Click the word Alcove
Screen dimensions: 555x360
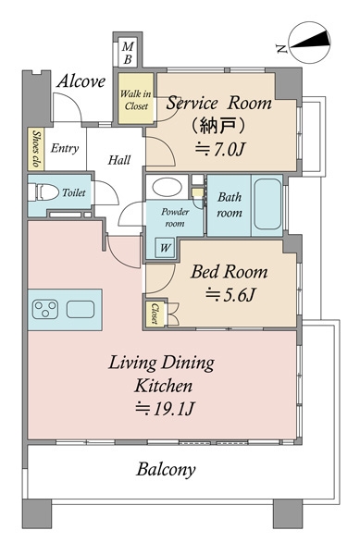point(81,80)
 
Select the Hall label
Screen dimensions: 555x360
point(118,160)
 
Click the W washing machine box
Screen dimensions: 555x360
point(165,247)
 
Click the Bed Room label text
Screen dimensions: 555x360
point(229,272)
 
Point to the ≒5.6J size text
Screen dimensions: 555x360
point(229,297)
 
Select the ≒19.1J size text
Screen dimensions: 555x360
point(166,408)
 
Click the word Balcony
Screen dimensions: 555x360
point(166,469)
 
